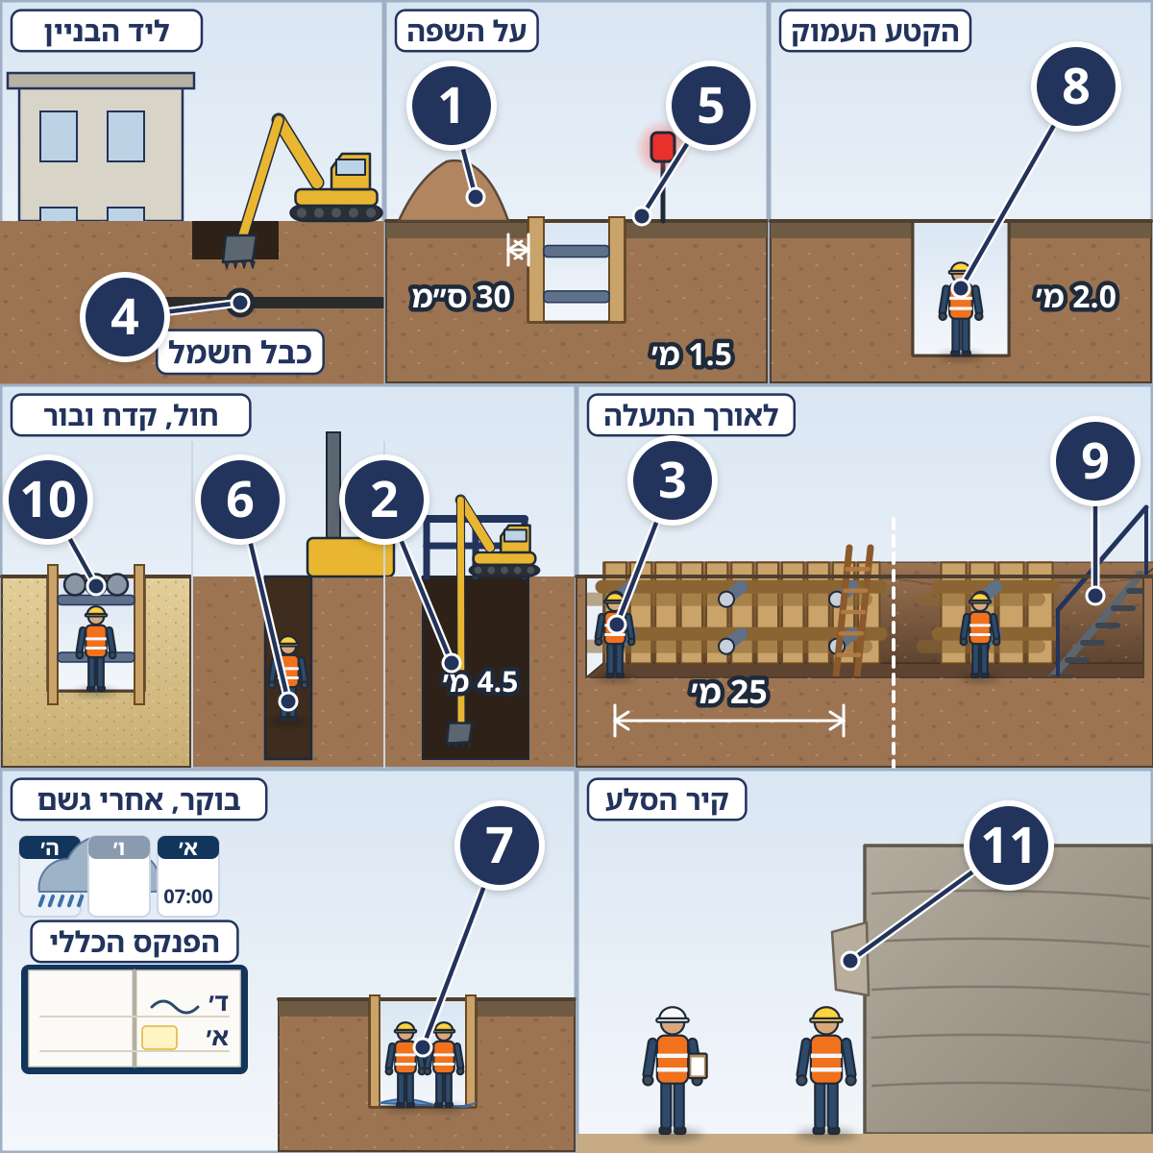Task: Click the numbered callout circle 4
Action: [125, 316]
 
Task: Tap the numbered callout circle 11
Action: [1008, 845]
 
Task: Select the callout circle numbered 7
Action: [499, 845]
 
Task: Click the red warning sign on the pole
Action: [663, 147]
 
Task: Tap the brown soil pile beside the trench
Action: [454, 190]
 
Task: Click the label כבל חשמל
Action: [240, 352]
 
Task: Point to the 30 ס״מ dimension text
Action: [461, 297]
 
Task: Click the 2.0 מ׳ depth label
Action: [1074, 297]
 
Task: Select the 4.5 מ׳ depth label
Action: [480, 681]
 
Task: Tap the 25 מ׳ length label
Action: [728, 692]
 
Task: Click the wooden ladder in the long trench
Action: [852, 610]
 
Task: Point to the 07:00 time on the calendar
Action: [188, 896]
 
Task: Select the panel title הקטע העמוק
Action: [874, 31]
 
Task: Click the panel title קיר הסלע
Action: [667, 799]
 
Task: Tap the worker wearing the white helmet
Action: [673, 1069]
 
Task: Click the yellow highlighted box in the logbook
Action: [159, 1038]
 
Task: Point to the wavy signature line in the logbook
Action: [174, 1006]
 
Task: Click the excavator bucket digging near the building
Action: [239, 251]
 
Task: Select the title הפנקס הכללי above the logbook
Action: [134, 942]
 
